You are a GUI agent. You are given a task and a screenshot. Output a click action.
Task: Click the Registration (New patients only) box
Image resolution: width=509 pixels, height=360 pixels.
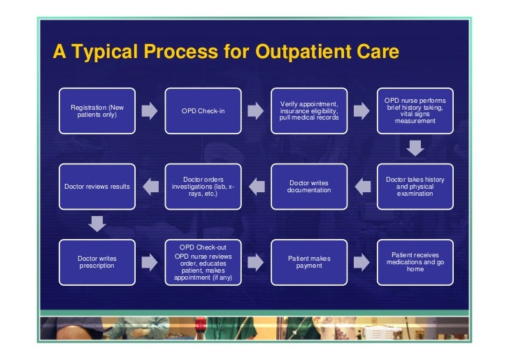97,110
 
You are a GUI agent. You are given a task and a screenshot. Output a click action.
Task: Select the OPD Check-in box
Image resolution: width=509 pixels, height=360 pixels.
203,110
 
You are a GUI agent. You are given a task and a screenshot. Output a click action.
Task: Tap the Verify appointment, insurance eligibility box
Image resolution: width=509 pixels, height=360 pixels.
309,110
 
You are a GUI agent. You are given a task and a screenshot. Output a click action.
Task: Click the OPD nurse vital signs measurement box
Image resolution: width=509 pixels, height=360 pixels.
415,110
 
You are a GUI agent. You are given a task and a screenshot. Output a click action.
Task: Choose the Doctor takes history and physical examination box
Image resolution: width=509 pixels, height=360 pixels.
415,186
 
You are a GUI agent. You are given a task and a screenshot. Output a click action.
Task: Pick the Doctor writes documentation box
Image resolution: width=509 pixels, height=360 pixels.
309,186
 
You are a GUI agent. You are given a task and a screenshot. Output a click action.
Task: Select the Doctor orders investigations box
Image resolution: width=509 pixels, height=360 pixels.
203,186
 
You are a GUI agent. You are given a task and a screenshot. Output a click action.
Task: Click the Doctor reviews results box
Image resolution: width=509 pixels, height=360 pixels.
97,186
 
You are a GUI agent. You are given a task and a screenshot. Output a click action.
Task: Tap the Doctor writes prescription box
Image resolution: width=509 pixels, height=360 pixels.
97,261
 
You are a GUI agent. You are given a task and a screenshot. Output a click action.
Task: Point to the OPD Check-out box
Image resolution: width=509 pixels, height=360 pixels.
203,261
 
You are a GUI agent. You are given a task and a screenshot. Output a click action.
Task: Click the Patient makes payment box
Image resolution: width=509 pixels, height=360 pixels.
309,261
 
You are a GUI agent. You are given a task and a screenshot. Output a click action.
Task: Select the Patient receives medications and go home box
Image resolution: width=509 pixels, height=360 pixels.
415,261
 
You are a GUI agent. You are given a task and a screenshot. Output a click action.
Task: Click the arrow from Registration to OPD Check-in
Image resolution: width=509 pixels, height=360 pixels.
150,111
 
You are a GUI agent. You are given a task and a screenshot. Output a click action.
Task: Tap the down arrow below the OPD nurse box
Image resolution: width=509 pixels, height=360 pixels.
415,148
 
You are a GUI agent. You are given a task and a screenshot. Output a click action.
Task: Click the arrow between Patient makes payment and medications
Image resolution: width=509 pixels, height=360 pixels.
361,262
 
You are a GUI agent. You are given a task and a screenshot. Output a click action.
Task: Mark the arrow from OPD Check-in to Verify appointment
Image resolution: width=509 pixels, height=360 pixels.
256,111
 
